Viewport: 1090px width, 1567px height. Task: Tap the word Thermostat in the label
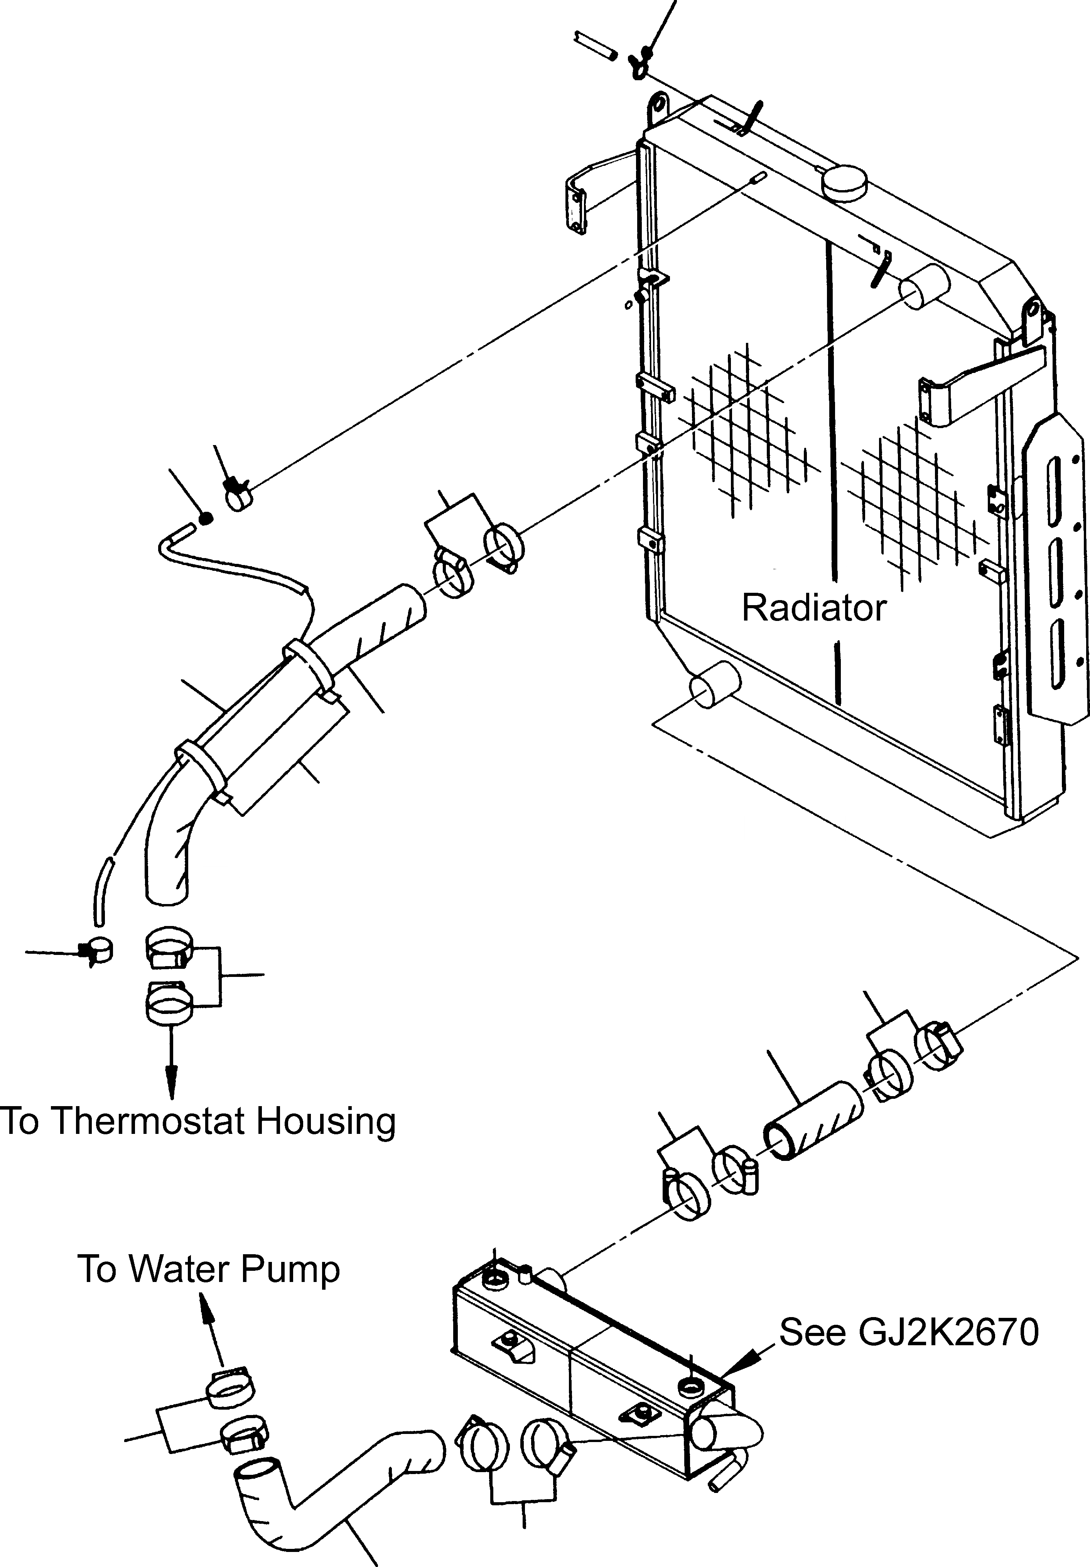point(146,1121)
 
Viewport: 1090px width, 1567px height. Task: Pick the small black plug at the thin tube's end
point(206,520)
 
